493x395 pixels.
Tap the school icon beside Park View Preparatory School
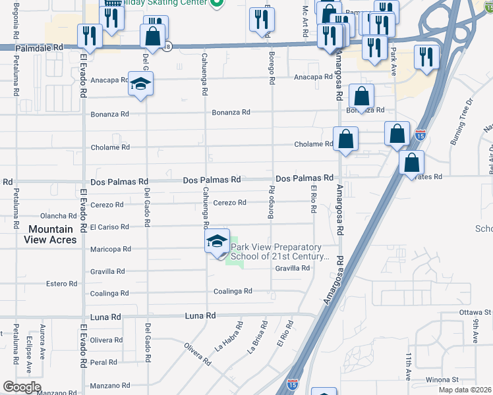pos(217,242)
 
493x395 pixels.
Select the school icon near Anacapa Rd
pos(140,84)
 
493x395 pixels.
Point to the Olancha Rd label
pos(59,216)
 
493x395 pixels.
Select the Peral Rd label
pos(103,362)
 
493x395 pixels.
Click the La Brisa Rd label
pos(258,338)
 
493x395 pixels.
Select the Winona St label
pos(442,380)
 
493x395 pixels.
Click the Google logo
pos(22,387)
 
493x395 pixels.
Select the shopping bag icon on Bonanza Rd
pos(362,96)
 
